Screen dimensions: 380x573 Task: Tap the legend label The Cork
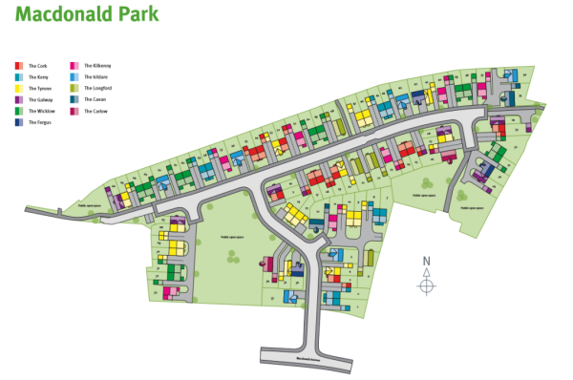coord(37,65)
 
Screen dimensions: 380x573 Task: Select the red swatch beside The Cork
coord(19,65)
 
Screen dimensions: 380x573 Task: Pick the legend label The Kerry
coord(37,76)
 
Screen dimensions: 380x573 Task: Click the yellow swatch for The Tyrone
coord(19,88)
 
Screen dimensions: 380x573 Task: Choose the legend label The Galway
coord(39,99)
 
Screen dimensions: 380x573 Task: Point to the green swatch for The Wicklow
coord(19,111)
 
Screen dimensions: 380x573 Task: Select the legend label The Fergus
coord(38,122)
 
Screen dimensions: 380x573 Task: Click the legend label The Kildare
coord(95,76)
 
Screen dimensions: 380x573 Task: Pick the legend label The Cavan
coord(94,99)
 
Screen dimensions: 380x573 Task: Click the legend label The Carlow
coord(94,111)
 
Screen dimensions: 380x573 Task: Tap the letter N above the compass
coord(427,262)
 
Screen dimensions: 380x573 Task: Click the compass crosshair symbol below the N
coord(427,285)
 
